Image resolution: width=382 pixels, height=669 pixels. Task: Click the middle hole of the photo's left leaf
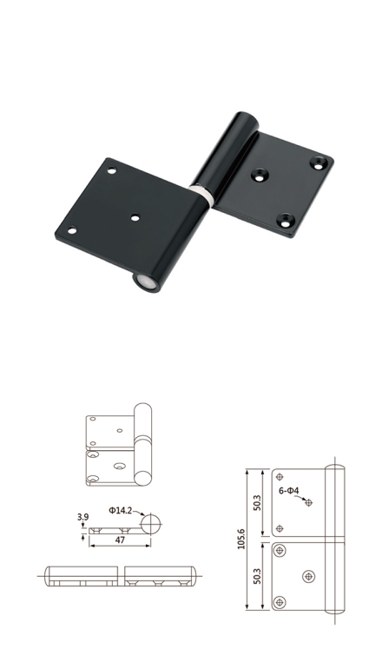pyautogui.click(x=135, y=218)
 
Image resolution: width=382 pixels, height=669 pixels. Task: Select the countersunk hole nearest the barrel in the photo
pyautogui.click(x=260, y=175)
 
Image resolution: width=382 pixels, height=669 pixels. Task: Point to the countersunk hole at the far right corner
pyautogui.click(x=319, y=162)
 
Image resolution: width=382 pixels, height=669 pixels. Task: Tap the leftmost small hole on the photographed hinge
pyautogui.click(x=72, y=230)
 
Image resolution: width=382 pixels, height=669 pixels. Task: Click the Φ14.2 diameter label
pyautogui.click(x=120, y=510)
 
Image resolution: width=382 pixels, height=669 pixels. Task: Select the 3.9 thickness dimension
pyautogui.click(x=82, y=517)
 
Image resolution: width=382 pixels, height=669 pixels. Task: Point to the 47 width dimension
pyautogui.click(x=120, y=540)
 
